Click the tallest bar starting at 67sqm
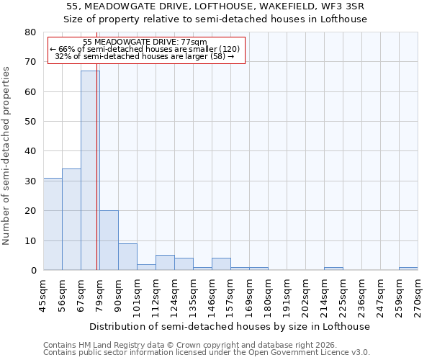[x=90, y=170]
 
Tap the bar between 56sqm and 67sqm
[x=71, y=220]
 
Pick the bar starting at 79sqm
[x=109, y=240]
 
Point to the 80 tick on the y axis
[x=31, y=32]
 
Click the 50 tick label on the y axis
[x=31, y=122]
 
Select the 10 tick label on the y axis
[x=31, y=240]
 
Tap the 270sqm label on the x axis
[x=418, y=295]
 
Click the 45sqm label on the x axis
[x=43, y=295]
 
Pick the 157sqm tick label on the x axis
[x=230, y=295]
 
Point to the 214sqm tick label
[x=324, y=295]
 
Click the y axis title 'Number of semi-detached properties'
[x=7, y=156]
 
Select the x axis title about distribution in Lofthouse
[x=230, y=326]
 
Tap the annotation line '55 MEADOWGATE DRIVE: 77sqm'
[x=145, y=42]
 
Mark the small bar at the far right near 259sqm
[x=408, y=269]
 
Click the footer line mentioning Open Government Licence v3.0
[x=207, y=353]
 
